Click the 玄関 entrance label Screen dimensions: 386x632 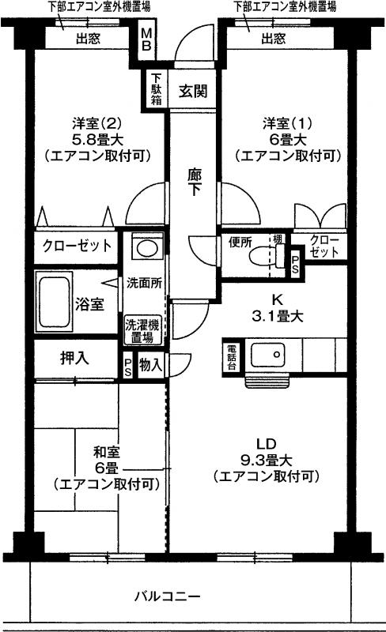(x=193, y=91)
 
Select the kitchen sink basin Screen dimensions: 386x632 (x=267, y=355)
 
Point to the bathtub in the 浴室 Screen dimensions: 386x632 (x=54, y=301)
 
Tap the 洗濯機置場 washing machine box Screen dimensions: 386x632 (x=142, y=330)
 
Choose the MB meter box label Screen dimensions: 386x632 (x=146, y=39)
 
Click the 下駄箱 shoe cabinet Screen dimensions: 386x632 (x=156, y=89)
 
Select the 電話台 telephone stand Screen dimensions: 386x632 (x=232, y=357)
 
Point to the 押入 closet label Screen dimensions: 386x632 (x=74, y=358)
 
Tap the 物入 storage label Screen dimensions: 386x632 (x=150, y=365)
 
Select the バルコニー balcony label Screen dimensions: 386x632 (x=167, y=596)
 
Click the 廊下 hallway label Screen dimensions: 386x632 (x=195, y=182)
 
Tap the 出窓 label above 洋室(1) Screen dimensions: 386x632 (x=274, y=39)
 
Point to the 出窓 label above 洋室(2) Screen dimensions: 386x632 (x=88, y=39)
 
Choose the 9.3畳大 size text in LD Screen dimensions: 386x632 (x=267, y=460)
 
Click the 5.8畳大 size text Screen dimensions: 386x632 (x=97, y=140)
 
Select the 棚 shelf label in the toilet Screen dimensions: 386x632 (x=278, y=239)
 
